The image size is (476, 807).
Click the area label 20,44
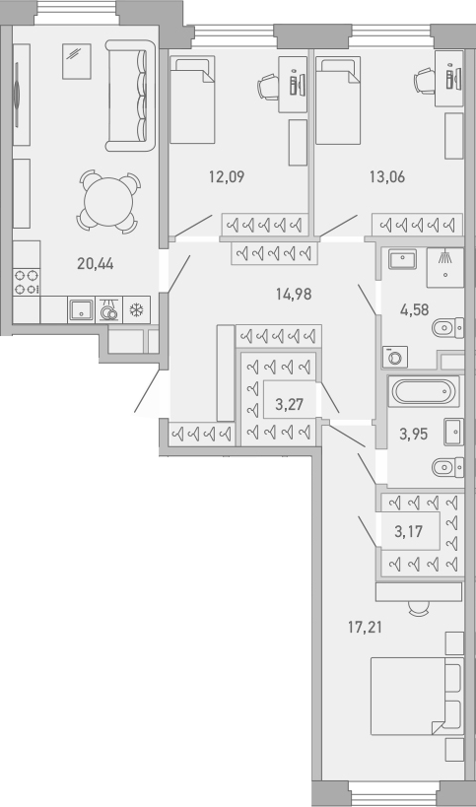[95, 263]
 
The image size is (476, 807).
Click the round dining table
[107, 203]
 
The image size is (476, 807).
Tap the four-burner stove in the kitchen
[27, 283]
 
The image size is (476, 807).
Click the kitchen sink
[81, 310]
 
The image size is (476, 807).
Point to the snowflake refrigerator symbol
[137, 309]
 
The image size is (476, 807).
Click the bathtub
[425, 392]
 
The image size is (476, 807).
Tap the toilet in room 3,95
[446, 466]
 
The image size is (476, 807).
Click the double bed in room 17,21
[415, 696]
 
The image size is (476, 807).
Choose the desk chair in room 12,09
[269, 87]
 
